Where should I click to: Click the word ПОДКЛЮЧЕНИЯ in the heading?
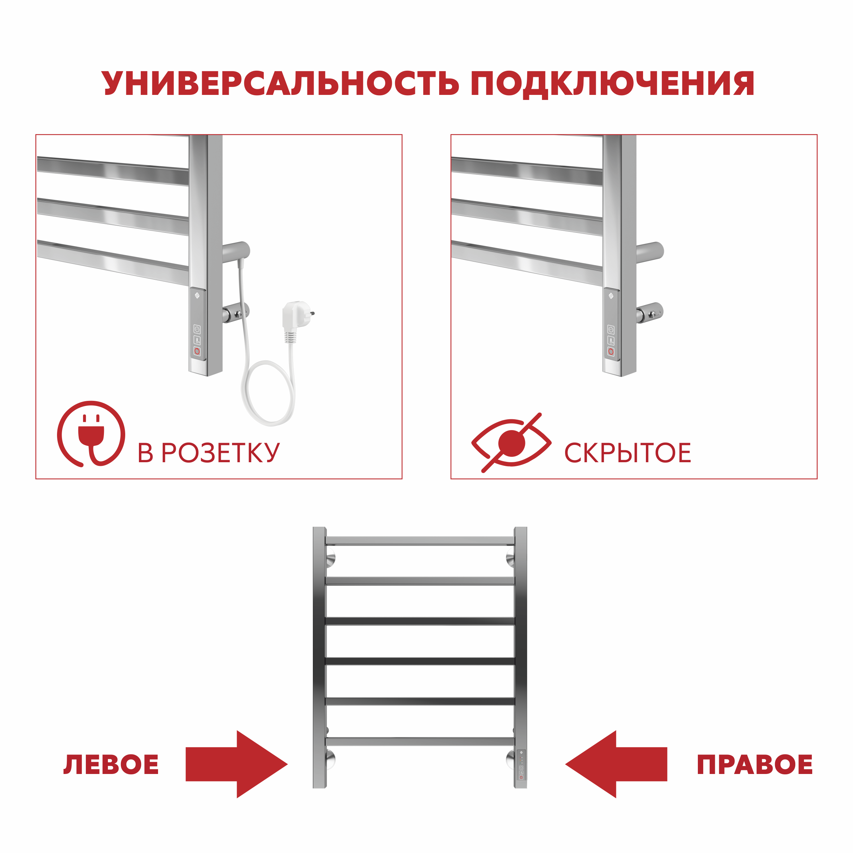612,83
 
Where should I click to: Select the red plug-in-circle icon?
91,434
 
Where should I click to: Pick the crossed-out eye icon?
511,443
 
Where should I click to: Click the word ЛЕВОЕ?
111,765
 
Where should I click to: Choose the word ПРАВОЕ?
754,765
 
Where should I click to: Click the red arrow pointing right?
236,764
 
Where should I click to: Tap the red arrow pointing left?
616,764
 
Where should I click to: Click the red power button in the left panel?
197,351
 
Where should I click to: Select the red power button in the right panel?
611,351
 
